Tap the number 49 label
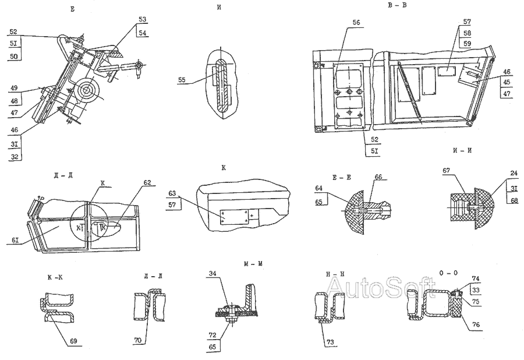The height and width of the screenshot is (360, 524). coord(14,89)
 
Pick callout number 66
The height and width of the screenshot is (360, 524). coord(378,177)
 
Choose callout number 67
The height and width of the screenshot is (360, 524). coord(447,171)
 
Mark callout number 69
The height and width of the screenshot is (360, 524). coord(74,340)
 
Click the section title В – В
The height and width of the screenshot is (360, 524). coord(396,6)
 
